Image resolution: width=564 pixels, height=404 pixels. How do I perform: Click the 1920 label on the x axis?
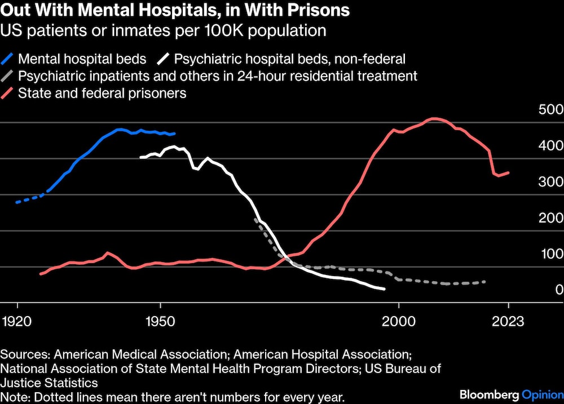point(17,322)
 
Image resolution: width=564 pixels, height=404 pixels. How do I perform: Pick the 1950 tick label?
point(161,322)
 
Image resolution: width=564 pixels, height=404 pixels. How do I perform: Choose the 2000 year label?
point(399,322)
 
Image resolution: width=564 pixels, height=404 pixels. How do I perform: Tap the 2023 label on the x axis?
point(508,322)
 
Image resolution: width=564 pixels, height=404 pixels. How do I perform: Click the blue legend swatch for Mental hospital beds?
point(7,58)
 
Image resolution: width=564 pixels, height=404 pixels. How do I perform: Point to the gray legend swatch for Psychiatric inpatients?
point(7,76)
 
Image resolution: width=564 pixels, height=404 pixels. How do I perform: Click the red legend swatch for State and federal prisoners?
point(7,93)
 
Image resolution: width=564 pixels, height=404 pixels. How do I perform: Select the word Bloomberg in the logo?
point(487,393)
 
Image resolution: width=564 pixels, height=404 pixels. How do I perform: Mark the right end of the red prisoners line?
point(509,172)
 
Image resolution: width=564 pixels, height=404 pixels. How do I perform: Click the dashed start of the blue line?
point(17,202)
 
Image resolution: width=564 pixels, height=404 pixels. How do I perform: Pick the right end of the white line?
point(385,289)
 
